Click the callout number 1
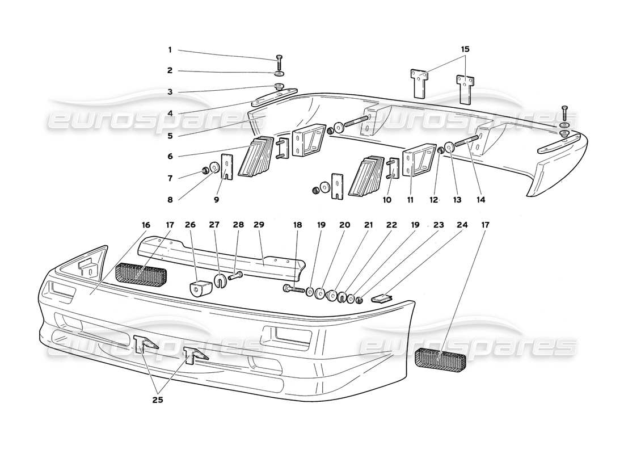169,50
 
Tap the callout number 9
216,200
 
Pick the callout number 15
465,50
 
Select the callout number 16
146,225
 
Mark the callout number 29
259,225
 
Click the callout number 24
463,225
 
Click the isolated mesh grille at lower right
441,360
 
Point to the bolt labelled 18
293,289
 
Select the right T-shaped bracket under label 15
465,89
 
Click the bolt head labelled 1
279,58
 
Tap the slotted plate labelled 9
227,167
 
